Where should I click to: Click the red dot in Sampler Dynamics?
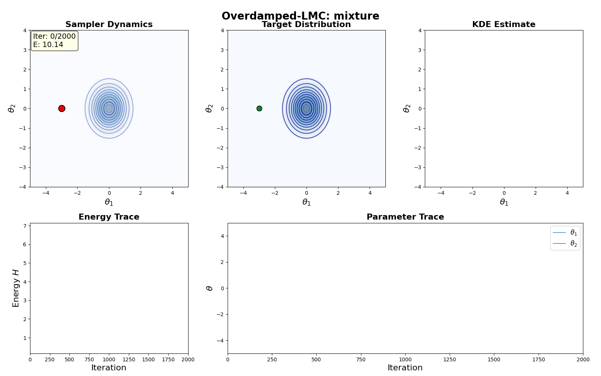pyautogui.click(x=62, y=108)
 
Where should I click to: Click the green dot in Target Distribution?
pyautogui.click(x=259, y=108)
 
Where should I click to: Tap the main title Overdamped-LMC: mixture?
pyautogui.click(x=300, y=16)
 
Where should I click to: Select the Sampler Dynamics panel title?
pyautogui.click(x=109, y=24)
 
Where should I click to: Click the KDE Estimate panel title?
pyautogui.click(x=504, y=24)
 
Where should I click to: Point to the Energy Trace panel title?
pyautogui.click(x=109, y=217)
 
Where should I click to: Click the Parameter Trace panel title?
pyautogui.click(x=405, y=217)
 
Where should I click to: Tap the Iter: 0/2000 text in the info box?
pyautogui.click(x=54, y=36)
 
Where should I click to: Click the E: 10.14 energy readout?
pyautogui.click(x=48, y=45)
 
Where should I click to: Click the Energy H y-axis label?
pyautogui.click(x=16, y=288)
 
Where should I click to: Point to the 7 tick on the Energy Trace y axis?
pyautogui.click(x=25, y=226)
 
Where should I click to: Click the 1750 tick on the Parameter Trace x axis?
pyautogui.click(x=539, y=360)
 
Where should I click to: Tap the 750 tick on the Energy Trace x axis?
pyautogui.click(x=89, y=360)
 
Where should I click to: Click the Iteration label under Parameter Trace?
pyautogui.click(x=405, y=368)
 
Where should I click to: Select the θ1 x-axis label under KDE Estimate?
pyautogui.click(x=504, y=202)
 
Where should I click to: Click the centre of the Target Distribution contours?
pyautogui.click(x=307, y=108)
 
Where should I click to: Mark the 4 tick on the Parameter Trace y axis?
pyautogui.click(x=222, y=236)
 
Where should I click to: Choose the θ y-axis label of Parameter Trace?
pyautogui.click(x=210, y=288)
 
